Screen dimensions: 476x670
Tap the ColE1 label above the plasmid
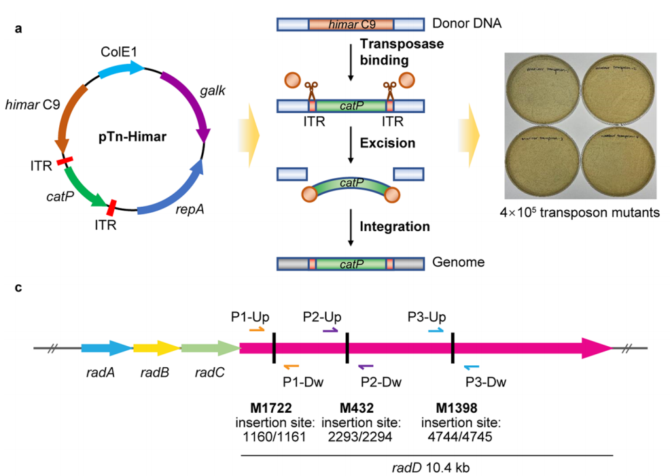pyautogui.click(x=120, y=52)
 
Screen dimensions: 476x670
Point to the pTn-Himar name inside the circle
pyautogui.click(x=129, y=136)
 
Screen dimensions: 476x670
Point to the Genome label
pyautogui.click(x=455, y=262)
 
